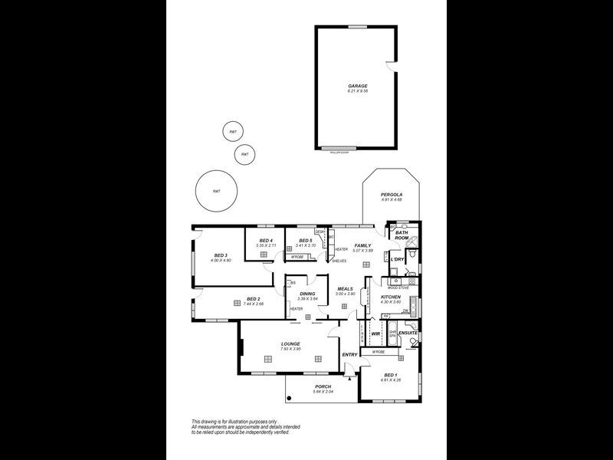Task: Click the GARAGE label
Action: click(358, 86)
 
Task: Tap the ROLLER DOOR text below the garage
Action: click(339, 153)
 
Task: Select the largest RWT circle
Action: click(217, 192)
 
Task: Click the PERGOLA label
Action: click(392, 195)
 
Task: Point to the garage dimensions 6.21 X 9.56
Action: click(358, 91)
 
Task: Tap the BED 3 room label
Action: click(221, 255)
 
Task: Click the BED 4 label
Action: click(266, 241)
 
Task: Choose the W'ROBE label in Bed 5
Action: click(298, 257)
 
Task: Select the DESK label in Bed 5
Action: click(320, 232)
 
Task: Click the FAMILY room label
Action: click(362, 245)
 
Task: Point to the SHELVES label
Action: click(339, 261)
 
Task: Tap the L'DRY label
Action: click(397, 260)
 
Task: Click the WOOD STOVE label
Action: click(398, 287)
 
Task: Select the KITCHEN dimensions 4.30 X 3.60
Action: click(391, 301)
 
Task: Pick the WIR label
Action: click(375, 334)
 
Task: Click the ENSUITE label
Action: click(408, 333)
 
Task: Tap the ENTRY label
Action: click(349, 354)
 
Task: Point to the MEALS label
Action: click(345, 289)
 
